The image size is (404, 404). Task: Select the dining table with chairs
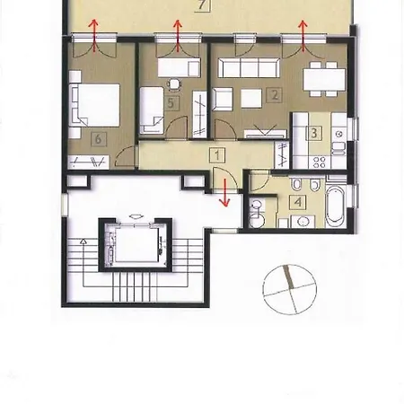(321, 81)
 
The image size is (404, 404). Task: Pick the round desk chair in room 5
(172, 87)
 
